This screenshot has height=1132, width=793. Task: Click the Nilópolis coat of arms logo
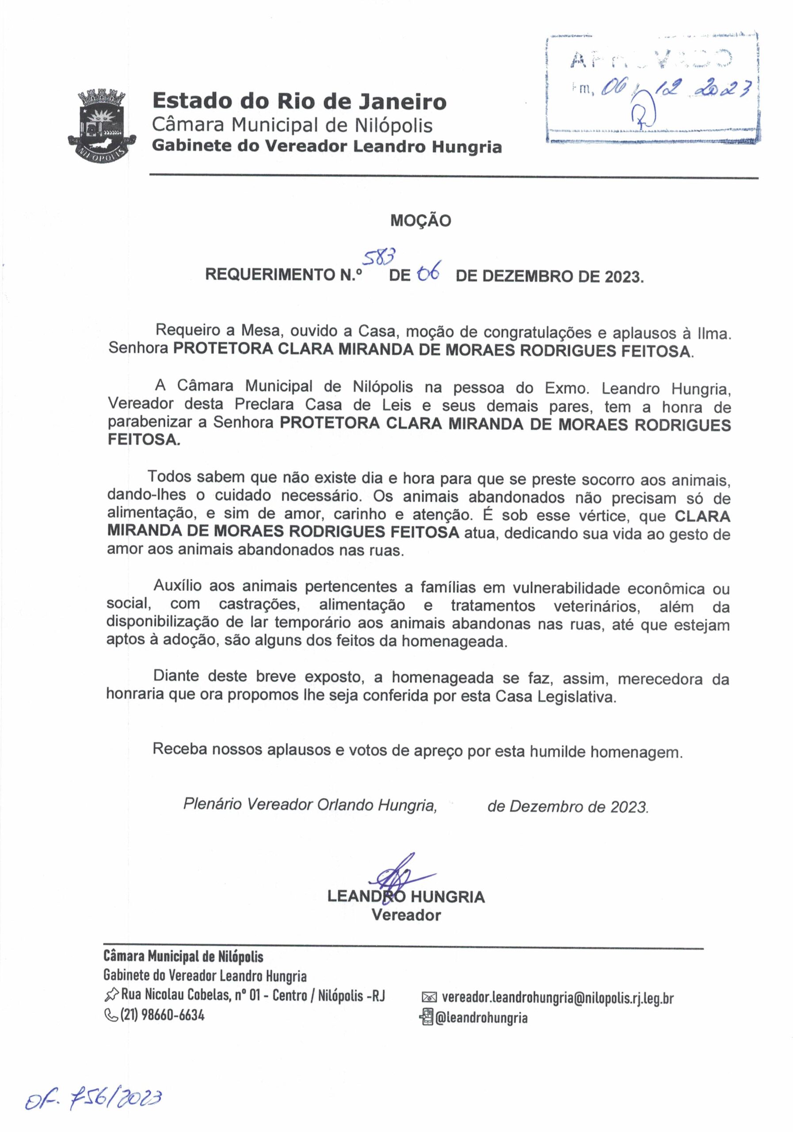(102, 124)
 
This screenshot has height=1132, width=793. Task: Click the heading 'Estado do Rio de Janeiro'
(299, 102)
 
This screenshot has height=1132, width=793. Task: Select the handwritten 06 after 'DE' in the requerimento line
(428, 273)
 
